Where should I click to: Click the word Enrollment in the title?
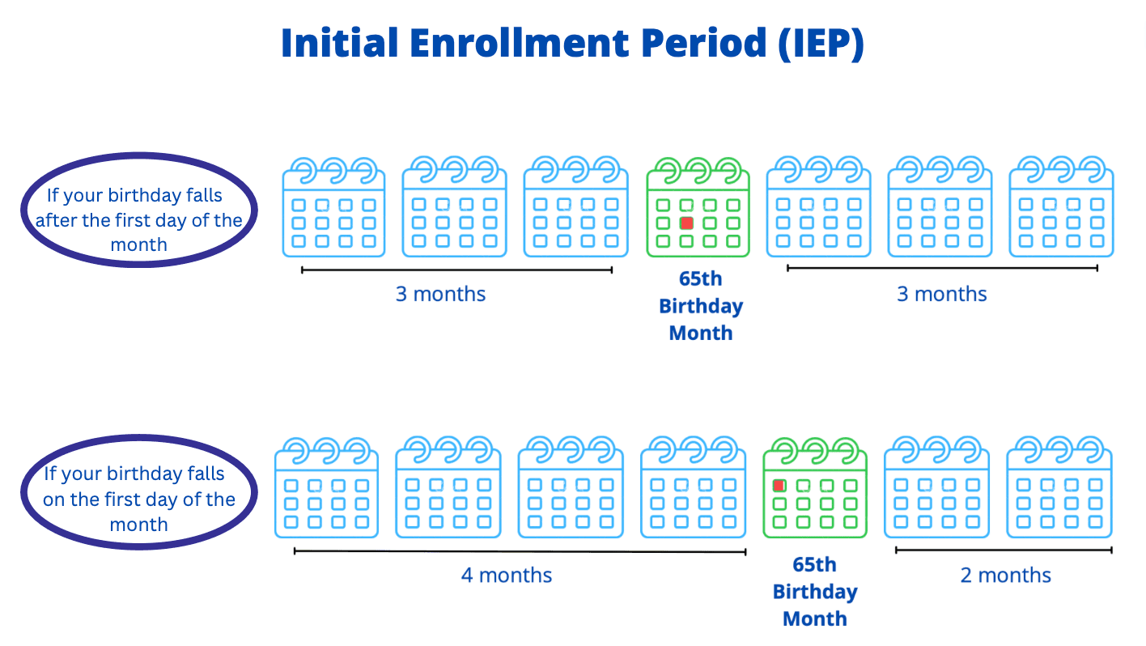[520, 43]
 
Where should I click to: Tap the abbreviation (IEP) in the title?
[821, 45]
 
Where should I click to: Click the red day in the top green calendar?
[686, 223]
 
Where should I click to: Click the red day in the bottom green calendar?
[779, 485]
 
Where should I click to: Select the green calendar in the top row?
[698, 207]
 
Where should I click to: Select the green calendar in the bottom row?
[814, 487]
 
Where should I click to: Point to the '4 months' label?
[507, 576]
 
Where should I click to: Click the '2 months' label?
[1005, 576]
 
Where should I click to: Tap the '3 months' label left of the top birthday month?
[440, 295]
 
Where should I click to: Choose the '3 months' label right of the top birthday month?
[942, 295]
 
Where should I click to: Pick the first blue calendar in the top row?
[333, 207]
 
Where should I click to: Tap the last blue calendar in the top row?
[1061, 206]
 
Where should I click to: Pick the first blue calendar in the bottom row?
[326, 487]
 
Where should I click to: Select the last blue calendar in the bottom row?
[1059, 487]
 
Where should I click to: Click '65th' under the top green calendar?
[700, 279]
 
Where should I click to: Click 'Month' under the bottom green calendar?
[814, 618]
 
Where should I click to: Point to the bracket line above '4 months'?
[520, 551]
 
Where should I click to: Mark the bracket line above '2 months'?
[1004, 550]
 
